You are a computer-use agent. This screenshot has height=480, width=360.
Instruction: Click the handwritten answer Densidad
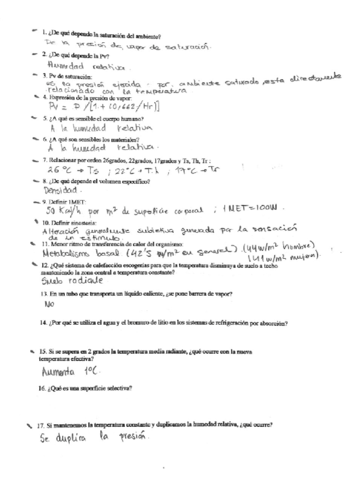63,188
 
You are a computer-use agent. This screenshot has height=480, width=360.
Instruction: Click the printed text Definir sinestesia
76,221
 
